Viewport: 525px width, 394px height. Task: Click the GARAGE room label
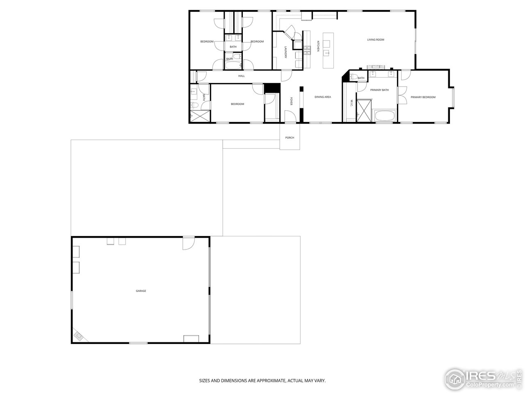click(141, 291)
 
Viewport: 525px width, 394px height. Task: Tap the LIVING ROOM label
click(375, 40)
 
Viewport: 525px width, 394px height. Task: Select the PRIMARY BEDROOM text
click(423, 97)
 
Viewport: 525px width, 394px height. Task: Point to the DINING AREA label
click(322, 97)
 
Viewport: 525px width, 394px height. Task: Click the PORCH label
click(290, 137)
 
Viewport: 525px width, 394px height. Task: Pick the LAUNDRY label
click(285, 52)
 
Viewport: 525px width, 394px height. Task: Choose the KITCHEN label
click(318, 46)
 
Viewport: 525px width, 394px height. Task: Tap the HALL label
click(242, 76)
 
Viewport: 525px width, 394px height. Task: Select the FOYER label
click(291, 101)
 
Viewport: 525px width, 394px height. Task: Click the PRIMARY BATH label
click(379, 90)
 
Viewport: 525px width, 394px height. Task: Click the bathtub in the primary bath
click(385, 116)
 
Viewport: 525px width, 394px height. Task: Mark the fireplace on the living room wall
click(376, 67)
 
